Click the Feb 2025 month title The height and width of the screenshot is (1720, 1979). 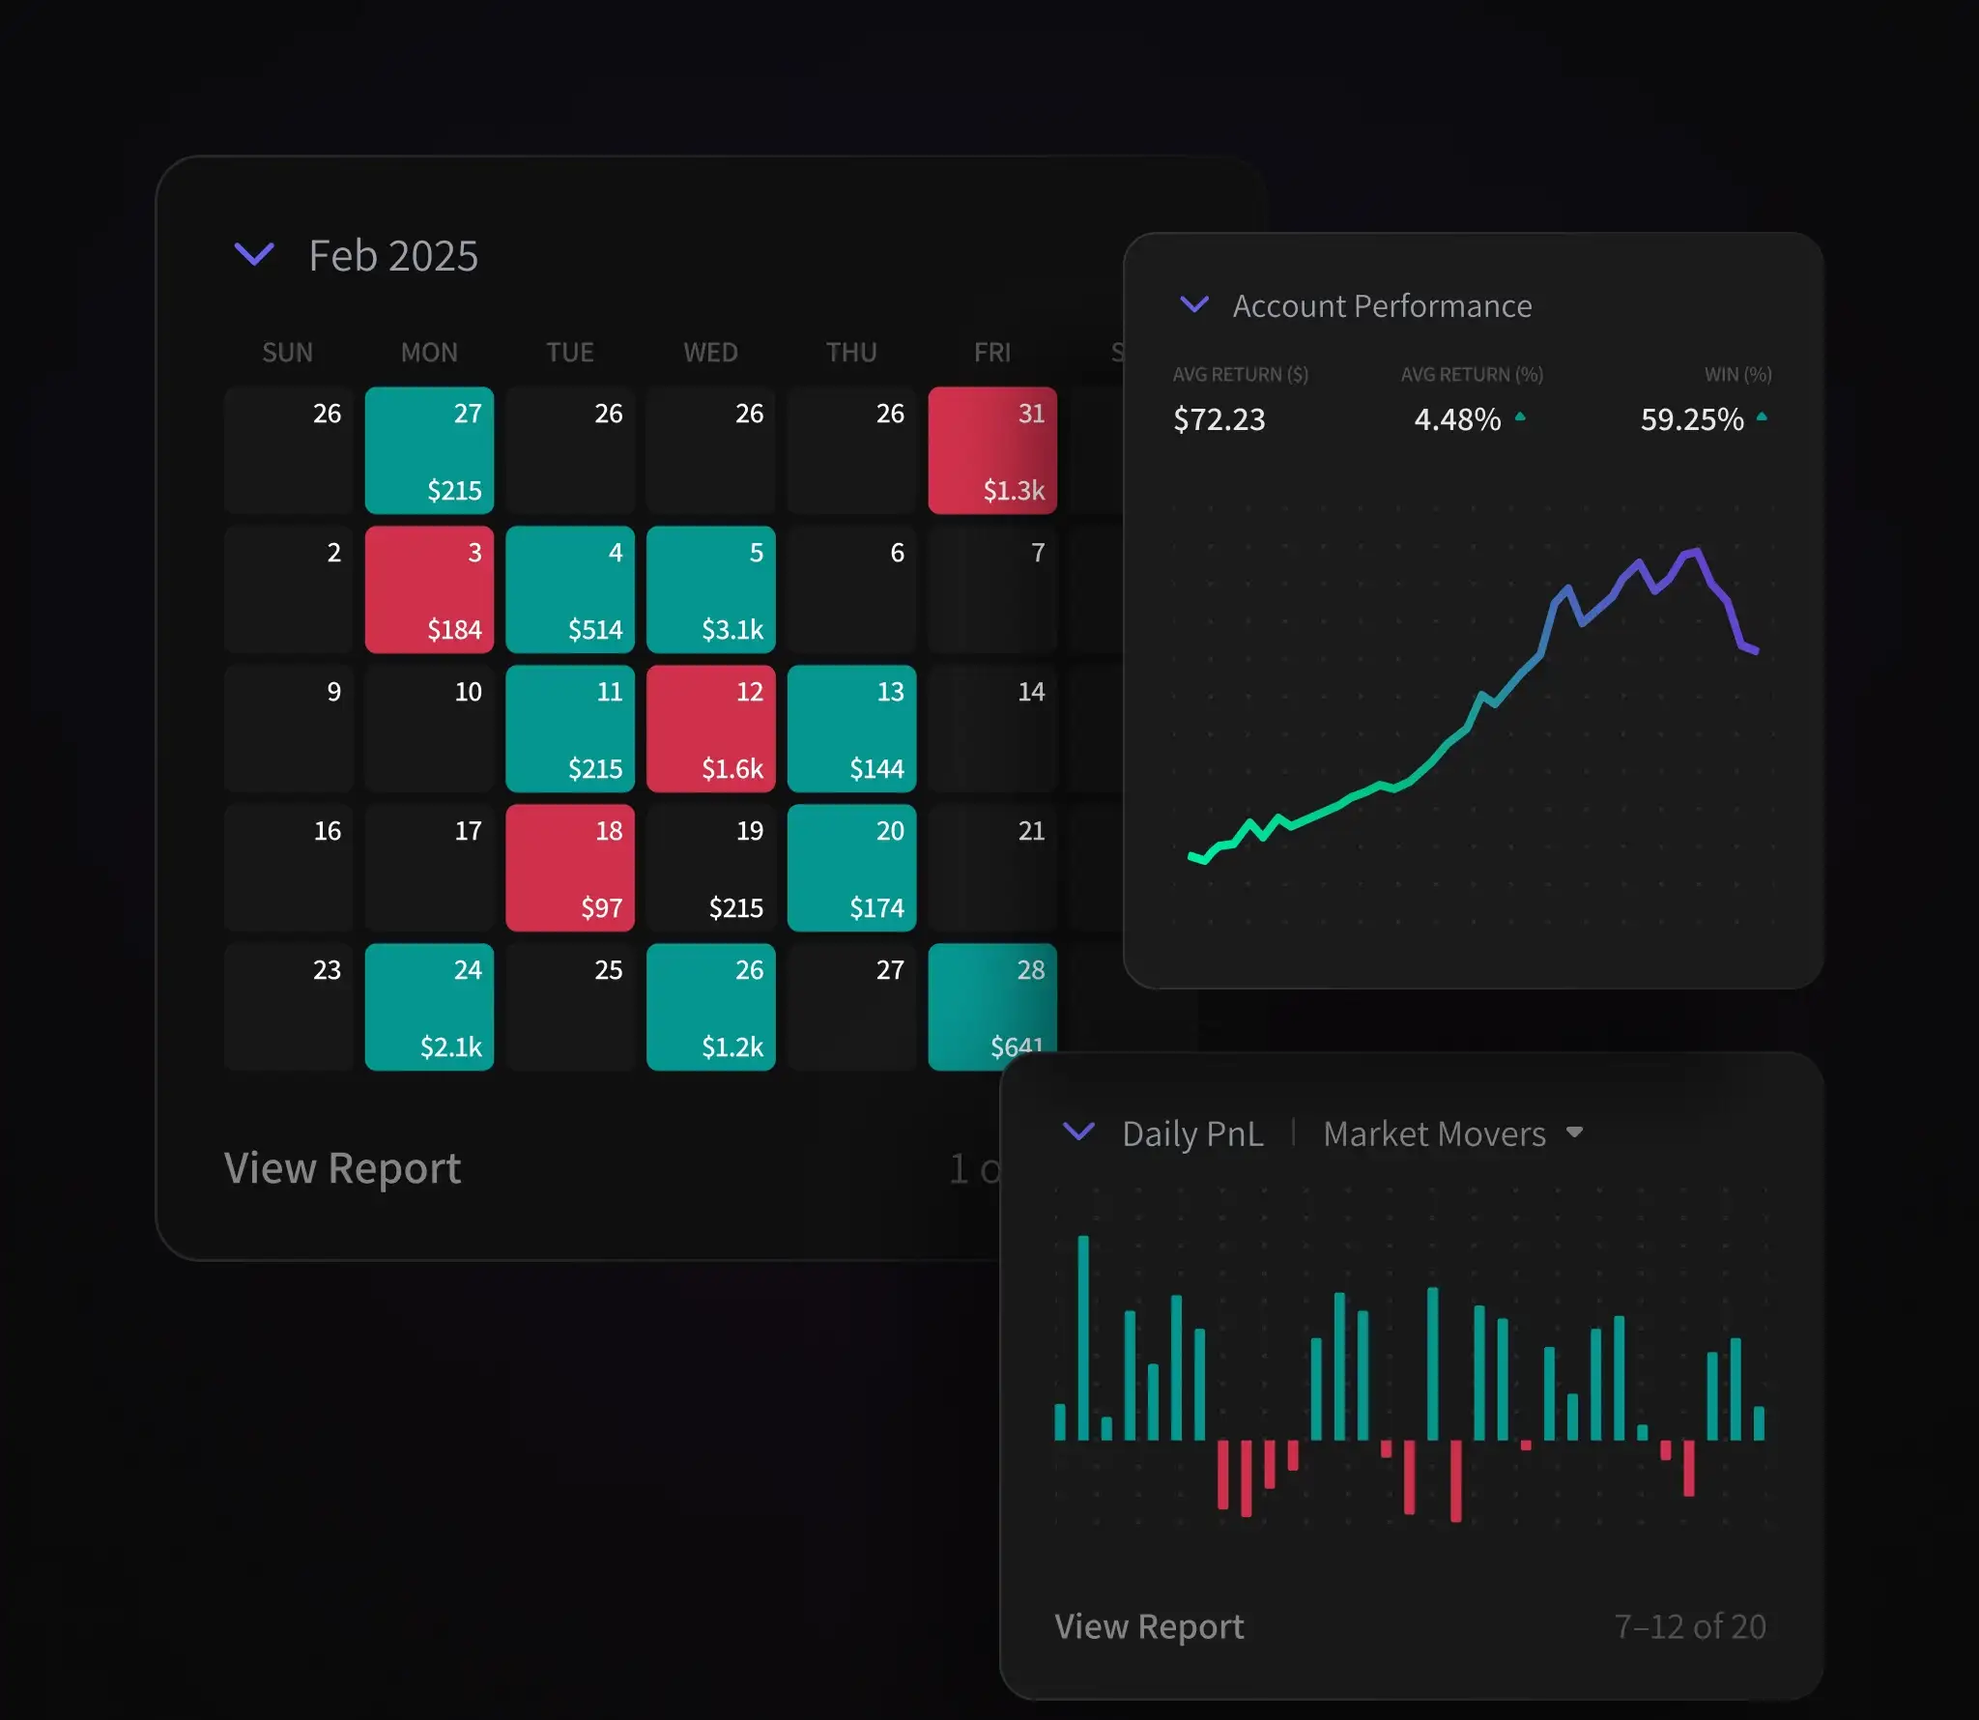[x=392, y=256]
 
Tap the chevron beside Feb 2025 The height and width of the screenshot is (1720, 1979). [x=254, y=254]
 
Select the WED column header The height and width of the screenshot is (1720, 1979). [x=710, y=353]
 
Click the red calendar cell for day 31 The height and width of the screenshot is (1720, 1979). [x=991, y=450]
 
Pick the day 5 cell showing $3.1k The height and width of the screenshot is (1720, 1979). [x=710, y=589]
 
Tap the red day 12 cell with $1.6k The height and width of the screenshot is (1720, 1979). [x=710, y=729]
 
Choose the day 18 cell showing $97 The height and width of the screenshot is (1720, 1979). [x=569, y=868]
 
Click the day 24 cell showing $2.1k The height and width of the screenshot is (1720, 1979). [x=429, y=1007]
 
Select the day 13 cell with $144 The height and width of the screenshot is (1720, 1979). [x=851, y=729]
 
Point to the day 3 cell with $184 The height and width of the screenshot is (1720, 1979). [x=429, y=589]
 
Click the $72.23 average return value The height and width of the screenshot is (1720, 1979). [x=1219, y=419]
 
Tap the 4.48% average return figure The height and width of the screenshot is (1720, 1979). [x=1457, y=419]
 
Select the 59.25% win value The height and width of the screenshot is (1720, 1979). [x=1691, y=419]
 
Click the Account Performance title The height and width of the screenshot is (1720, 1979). [x=1382, y=306]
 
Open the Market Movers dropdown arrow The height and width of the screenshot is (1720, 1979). [x=1574, y=1132]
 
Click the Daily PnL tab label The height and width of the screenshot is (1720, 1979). [x=1192, y=1133]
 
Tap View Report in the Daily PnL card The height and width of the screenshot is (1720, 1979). [x=1149, y=1626]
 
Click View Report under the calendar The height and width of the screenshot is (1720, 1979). [x=342, y=1168]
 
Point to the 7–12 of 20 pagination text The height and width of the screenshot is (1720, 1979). [x=1689, y=1626]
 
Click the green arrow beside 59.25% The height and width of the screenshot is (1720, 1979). [x=1762, y=416]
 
